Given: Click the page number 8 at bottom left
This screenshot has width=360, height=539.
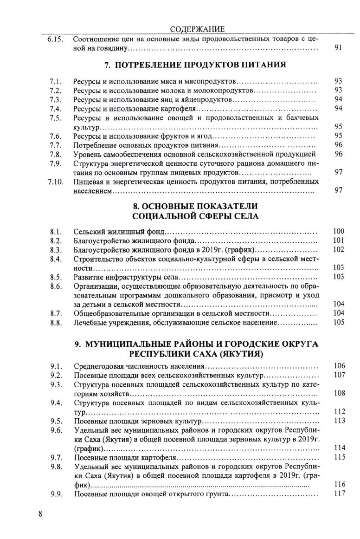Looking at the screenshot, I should click(41, 513).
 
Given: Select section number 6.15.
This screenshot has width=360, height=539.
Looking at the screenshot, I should click(55, 39).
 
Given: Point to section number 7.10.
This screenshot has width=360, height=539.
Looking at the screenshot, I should click(55, 182).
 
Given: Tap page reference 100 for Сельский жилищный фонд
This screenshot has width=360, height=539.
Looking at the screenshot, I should click(338, 231).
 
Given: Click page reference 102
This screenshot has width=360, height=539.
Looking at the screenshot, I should click(338, 249).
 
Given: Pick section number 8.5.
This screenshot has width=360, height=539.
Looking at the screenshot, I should click(56, 277).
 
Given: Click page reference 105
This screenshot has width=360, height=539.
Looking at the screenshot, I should click(338, 322).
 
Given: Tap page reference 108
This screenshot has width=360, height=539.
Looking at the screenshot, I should click(338, 393).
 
